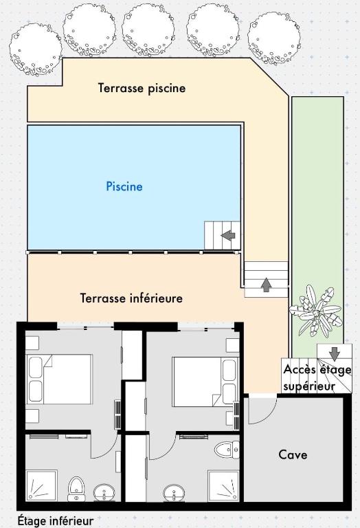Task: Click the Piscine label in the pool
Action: pyautogui.click(x=124, y=186)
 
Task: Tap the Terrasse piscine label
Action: pyautogui.click(x=142, y=88)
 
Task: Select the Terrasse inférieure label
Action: pyautogui.click(x=131, y=298)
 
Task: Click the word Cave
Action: pyautogui.click(x=293, y=454)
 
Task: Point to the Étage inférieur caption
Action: pyautogui.click(x=56, y=520)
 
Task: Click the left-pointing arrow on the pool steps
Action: pyautogui.click(x=228, y=235)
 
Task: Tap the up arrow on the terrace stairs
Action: pyautogui.click(x=266, y=285)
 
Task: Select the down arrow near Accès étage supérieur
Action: pyautogui.click(x=334, y=354)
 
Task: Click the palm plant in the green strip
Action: pyautogui.click(x=316, y=311)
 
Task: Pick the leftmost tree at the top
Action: pyautogui.click(x=36, y=49)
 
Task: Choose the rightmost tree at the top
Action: pyautogui.click(x=274, y=38)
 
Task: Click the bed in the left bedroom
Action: pyautogui.click(x=60, y=379)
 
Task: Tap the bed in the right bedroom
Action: pyautogui.click(x=205, y=382)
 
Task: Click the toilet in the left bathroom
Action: pyautogui.click(x=76, y=489)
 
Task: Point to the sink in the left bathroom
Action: pyautogui.click(x=104, y=494)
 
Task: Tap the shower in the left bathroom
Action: pyautogui.click(x=42, y=486)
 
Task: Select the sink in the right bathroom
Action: pyautogui.click(x=174, y=494)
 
